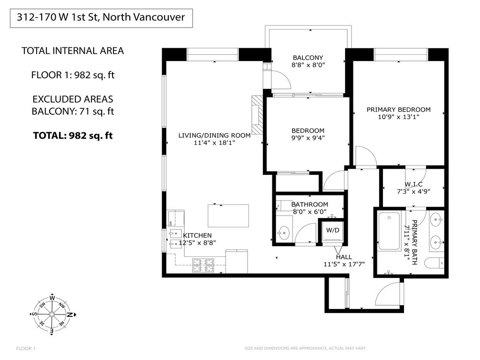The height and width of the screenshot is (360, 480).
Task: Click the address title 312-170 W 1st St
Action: point(101,18)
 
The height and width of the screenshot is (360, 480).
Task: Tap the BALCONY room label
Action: point(308,58)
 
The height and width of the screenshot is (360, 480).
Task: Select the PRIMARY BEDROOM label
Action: point(398,110)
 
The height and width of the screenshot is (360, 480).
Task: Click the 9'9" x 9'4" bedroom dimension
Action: point(308,138)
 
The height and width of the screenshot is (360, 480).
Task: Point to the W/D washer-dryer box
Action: point(333,230)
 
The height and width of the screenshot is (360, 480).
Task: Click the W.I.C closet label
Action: point(413,184)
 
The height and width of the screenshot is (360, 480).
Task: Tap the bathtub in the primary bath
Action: point(389,231)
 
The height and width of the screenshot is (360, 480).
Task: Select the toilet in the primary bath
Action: point(434,263)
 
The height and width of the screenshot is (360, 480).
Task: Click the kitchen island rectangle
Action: point(228,216)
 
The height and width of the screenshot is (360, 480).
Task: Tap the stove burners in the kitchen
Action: point(203,265)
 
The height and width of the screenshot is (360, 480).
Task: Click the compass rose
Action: point(52,315)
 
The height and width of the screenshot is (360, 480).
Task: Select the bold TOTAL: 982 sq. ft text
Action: point(73,136)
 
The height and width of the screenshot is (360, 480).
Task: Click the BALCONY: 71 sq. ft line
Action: point(73,112)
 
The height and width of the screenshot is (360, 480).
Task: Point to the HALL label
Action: point(344,257)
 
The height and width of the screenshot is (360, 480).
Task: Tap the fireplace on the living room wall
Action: point(257,115)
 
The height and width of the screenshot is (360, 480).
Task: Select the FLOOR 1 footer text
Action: point(26,348)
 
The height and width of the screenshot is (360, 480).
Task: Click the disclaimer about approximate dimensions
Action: point(305,348)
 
